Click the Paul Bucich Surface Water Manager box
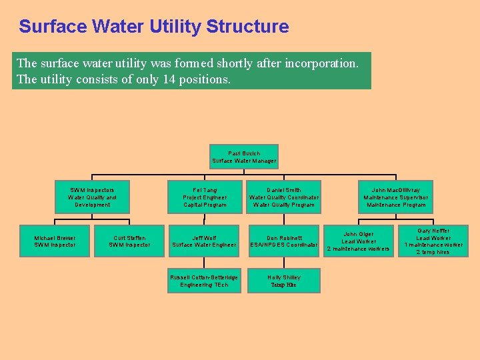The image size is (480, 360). pos(244,157)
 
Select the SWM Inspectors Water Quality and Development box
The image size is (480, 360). pos(92,197)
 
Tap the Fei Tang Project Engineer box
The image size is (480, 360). pos(205,197)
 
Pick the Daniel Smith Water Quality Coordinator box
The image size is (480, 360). pos(284,197)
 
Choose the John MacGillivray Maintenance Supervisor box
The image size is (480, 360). pos(396,197)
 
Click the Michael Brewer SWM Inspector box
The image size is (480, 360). pos(55,241)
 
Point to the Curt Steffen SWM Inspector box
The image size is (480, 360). pos(129,241)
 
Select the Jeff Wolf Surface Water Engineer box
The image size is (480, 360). pos(205,241)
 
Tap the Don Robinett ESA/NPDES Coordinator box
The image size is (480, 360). pos(284,241)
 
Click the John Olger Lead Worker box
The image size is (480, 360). pos(358,241)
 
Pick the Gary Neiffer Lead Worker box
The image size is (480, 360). pos(433,241)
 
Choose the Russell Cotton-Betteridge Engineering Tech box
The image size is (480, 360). pos(205,281)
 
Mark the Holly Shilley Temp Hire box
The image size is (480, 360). pos(284,281)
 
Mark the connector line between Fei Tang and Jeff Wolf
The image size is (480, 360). pos(205,219)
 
